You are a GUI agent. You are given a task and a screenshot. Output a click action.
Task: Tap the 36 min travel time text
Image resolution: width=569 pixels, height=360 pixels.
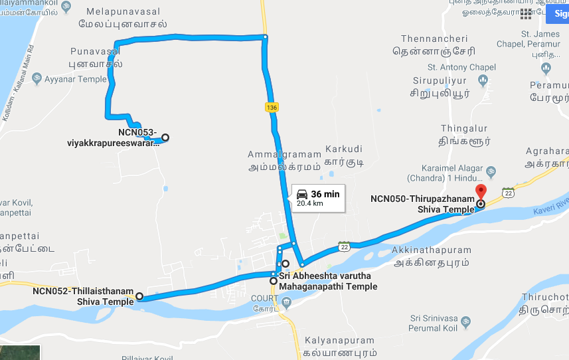(325, 193)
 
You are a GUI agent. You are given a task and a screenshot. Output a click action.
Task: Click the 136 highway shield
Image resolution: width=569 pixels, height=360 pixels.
(271, 107)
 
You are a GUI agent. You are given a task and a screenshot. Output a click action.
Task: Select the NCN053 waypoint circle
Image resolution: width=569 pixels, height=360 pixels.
(165, 137)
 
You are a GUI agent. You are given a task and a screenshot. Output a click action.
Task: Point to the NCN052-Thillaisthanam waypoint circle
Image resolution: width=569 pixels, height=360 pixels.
(139, 296)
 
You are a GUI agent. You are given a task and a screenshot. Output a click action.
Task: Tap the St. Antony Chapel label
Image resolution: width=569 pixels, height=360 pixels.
(461, 67)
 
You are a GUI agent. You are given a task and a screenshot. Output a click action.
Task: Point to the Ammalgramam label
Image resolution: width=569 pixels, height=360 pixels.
(284, 155)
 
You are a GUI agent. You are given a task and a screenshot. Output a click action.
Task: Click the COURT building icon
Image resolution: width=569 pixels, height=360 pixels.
(286, 304)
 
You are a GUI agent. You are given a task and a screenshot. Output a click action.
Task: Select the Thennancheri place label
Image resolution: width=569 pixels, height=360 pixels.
(430, 39)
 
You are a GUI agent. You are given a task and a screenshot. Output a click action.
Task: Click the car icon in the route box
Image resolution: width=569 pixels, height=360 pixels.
(302, 194)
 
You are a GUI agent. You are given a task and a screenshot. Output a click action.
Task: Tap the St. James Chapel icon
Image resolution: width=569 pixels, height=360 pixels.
(546, 68)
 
